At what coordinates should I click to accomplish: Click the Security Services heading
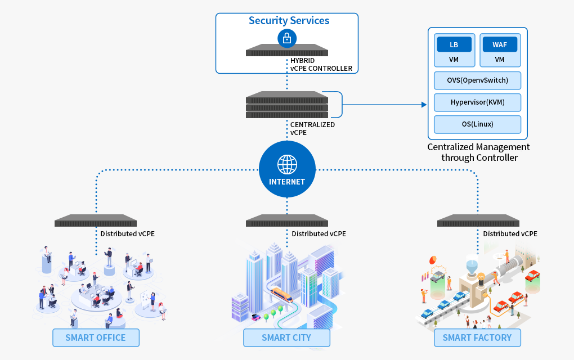289,21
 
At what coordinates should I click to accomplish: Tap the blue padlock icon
287,38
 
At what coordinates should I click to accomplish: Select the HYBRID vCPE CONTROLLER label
321,65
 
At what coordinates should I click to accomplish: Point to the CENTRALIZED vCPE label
312,129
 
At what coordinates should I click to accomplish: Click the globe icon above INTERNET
287,164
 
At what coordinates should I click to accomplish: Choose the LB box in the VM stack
454,45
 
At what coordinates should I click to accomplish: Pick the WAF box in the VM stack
499,45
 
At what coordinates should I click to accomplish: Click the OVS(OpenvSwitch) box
477,80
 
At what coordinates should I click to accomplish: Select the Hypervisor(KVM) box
477,102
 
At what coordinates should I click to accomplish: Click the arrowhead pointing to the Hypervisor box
424,105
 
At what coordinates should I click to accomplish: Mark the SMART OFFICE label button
96,338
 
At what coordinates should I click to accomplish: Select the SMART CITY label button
286,338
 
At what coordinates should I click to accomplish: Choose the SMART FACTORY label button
477,338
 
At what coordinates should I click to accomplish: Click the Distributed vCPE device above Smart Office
96,221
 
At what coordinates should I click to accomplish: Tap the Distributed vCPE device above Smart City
287,221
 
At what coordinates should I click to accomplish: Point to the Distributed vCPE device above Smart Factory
478,221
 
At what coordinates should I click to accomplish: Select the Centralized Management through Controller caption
478,152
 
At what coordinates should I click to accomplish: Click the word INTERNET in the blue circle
287,182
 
